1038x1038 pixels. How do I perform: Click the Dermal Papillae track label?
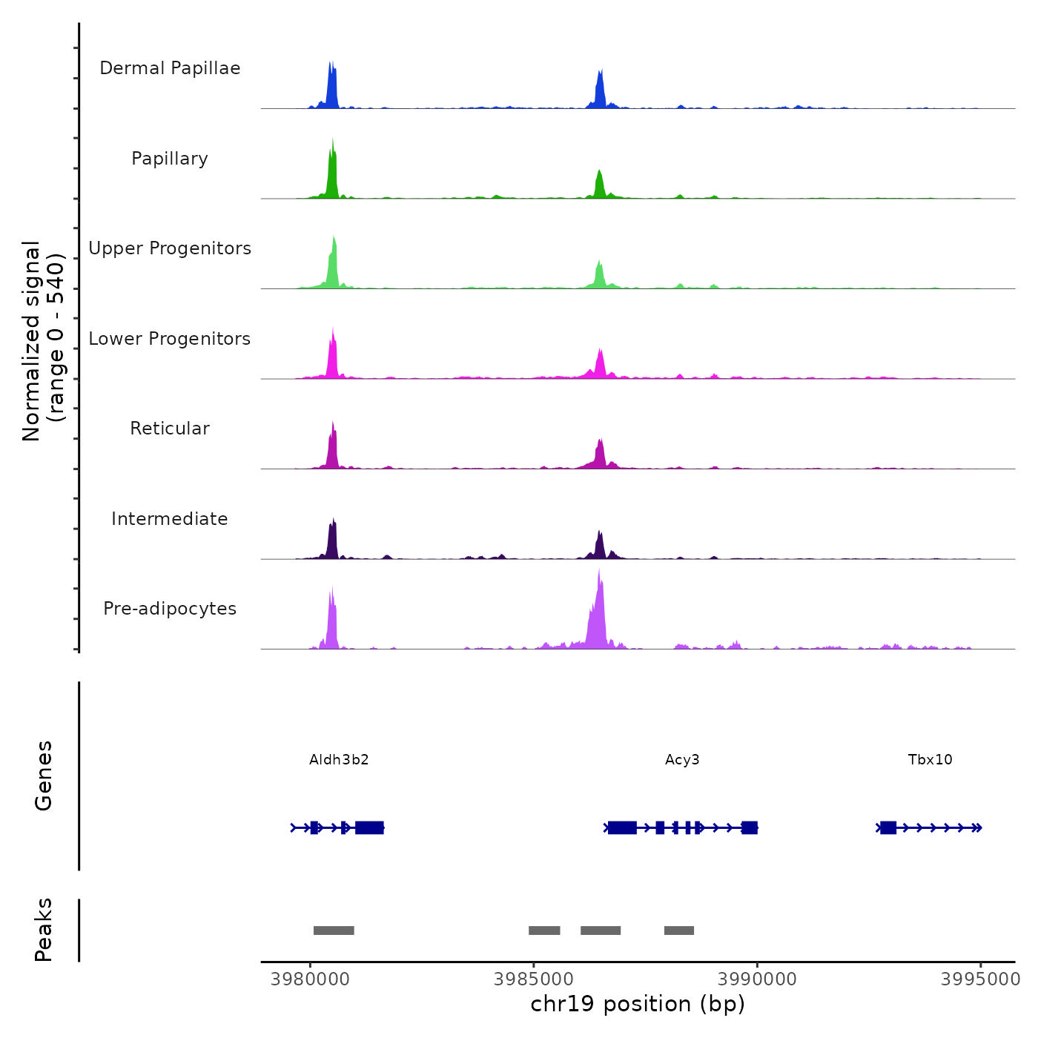click(x=170, y=68)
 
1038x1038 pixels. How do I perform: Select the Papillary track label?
click(x=170, y=159)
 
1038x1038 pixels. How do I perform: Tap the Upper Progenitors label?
click(x=170, y=248)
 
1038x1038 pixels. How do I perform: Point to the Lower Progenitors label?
click(x=170, y=339)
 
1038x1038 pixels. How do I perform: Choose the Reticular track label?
click(x=170, y=429)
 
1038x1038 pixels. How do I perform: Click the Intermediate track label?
click(x=170, y=519)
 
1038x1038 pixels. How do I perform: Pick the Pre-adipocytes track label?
click(x=170, y=609)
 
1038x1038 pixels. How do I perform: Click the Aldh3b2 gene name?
click(x=339, y=760)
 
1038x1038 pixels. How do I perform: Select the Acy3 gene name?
click(x=682, y=760)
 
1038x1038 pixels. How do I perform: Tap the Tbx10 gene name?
click(x=930, y=760)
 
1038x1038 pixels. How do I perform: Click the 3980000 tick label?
click(x=310, y=979)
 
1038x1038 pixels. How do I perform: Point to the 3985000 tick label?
click(x=533, y=979)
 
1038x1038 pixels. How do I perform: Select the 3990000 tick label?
click(x=757, y=979)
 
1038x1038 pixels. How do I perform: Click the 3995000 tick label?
click(x=980, y=979)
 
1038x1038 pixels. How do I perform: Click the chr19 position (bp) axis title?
click(x=638, y=1004)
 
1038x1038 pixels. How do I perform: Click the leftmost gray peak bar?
click(x=334, y=930)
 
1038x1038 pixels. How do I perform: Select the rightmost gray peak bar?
click(x=679, y=930)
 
